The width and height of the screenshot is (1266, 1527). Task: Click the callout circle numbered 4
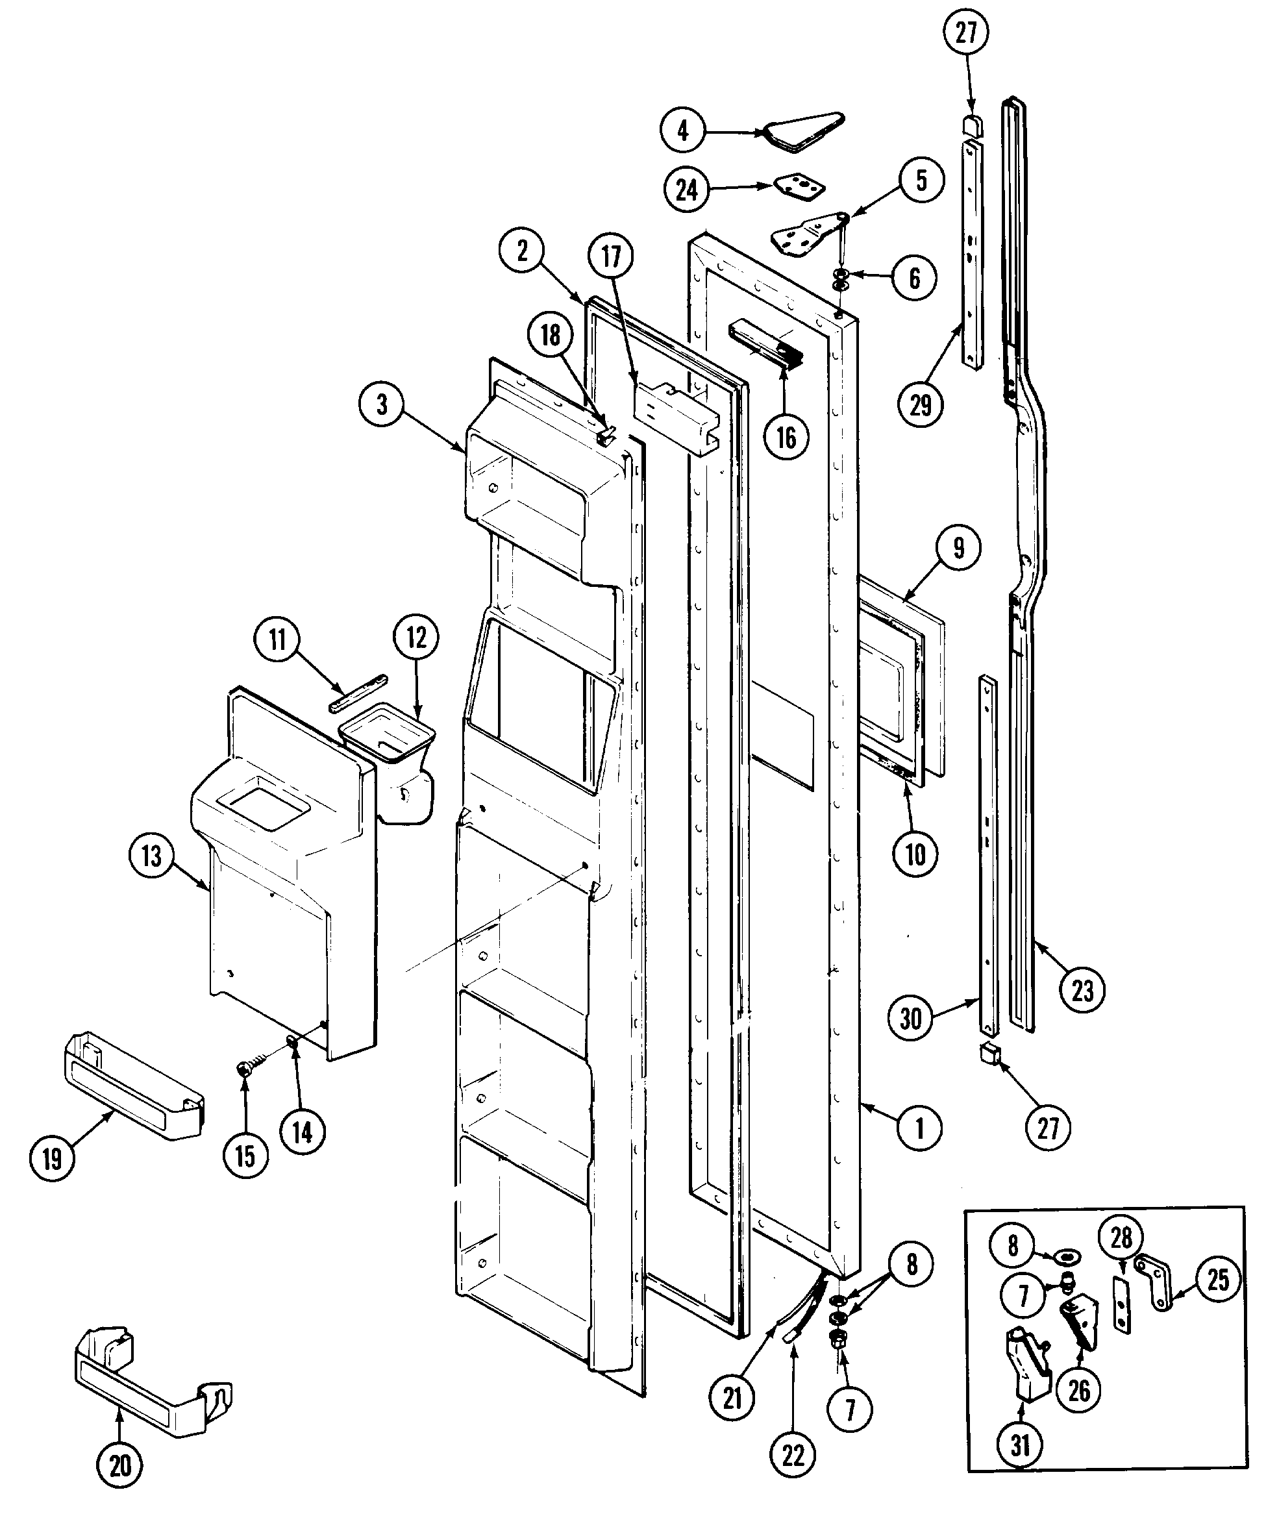pos(683,131)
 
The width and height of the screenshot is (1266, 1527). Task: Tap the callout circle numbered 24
pos(686,190)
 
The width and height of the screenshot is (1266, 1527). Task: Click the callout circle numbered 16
pos(786,438)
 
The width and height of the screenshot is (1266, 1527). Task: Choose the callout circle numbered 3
pos(382,404)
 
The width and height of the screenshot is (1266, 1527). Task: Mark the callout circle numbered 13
pos(151,856)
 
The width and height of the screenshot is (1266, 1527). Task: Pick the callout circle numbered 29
pos(921,404)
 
